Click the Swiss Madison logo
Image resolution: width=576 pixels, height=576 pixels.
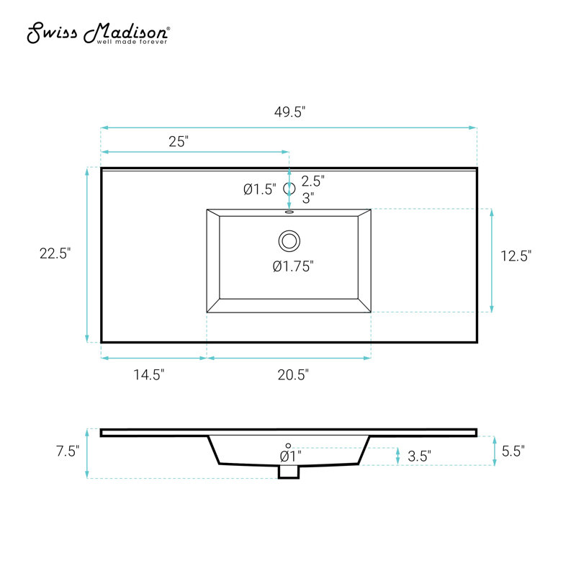pos(99,33)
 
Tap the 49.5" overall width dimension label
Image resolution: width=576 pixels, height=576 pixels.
pos(290,112)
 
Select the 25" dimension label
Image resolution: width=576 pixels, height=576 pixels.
pos(179,141)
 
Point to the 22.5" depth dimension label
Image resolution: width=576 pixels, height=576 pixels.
pos(55,253)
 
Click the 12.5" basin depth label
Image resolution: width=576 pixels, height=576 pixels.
pos(516,256)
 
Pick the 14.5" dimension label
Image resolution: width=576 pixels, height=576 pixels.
pos(149,374)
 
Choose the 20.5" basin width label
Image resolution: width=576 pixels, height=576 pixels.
pos(293,374)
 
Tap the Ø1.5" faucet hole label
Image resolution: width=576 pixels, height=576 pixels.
pos(260,189)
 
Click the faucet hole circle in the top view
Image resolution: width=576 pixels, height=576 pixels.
pos(289,189)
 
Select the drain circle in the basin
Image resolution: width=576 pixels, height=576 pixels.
pos(289,241)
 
